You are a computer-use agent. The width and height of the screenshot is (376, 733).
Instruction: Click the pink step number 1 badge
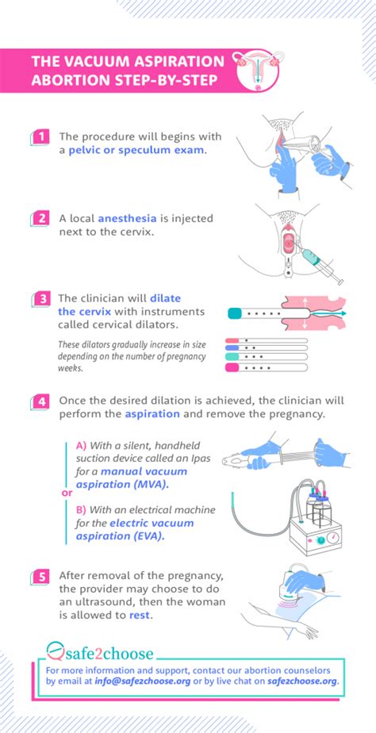(40, 137)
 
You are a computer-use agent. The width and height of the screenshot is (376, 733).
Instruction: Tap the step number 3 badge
(40, 299)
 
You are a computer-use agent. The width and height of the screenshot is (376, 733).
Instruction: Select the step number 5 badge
(40, 577)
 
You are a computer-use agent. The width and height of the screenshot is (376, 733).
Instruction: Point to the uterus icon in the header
(258, 70)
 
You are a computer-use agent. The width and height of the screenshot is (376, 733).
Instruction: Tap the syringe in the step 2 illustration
(320, 265)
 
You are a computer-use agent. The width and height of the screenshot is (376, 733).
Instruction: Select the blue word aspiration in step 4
(152, 414)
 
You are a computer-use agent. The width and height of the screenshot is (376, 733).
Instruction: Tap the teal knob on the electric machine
(320, 540)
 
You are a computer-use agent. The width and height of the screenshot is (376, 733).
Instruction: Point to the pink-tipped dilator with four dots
(267, 367)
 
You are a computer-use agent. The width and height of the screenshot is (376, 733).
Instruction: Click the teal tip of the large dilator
(234, 313)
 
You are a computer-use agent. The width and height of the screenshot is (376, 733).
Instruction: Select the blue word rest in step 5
(140, 616)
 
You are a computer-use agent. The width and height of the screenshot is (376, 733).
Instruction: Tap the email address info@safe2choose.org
(142, 681)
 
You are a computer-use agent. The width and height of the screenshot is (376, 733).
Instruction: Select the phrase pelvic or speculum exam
(136, 152)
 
